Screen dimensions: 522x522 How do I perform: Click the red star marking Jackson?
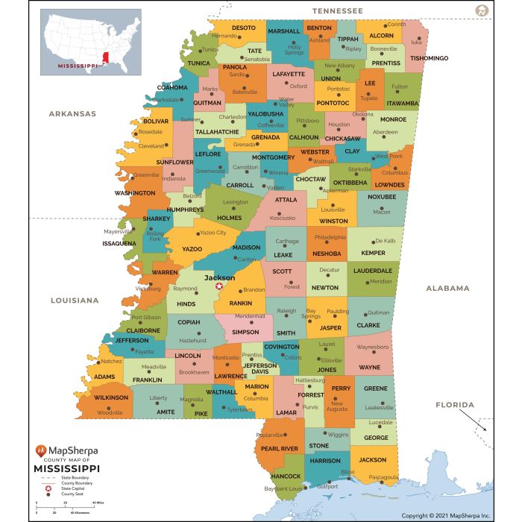tap(218, 286)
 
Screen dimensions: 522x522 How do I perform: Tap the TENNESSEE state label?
tap(338, 11)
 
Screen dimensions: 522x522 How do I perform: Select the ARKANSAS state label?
tap(72, 113)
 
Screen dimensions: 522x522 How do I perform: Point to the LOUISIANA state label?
tap(75, 301)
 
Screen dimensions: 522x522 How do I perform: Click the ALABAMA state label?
tap(447, 288)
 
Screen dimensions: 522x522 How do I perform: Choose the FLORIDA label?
tap(455, 405)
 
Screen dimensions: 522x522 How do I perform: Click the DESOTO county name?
tap(243, 28)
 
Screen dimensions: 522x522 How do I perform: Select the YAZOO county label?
tap(192, 248)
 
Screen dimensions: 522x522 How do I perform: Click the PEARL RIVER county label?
tap(279, 448)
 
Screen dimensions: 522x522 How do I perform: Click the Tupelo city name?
tap(369, 98)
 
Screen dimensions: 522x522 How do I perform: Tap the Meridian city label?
tap(380, 281)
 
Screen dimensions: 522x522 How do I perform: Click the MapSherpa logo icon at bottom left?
tap(40, 451)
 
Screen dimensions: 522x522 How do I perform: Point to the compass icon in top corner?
tap(482, 10)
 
